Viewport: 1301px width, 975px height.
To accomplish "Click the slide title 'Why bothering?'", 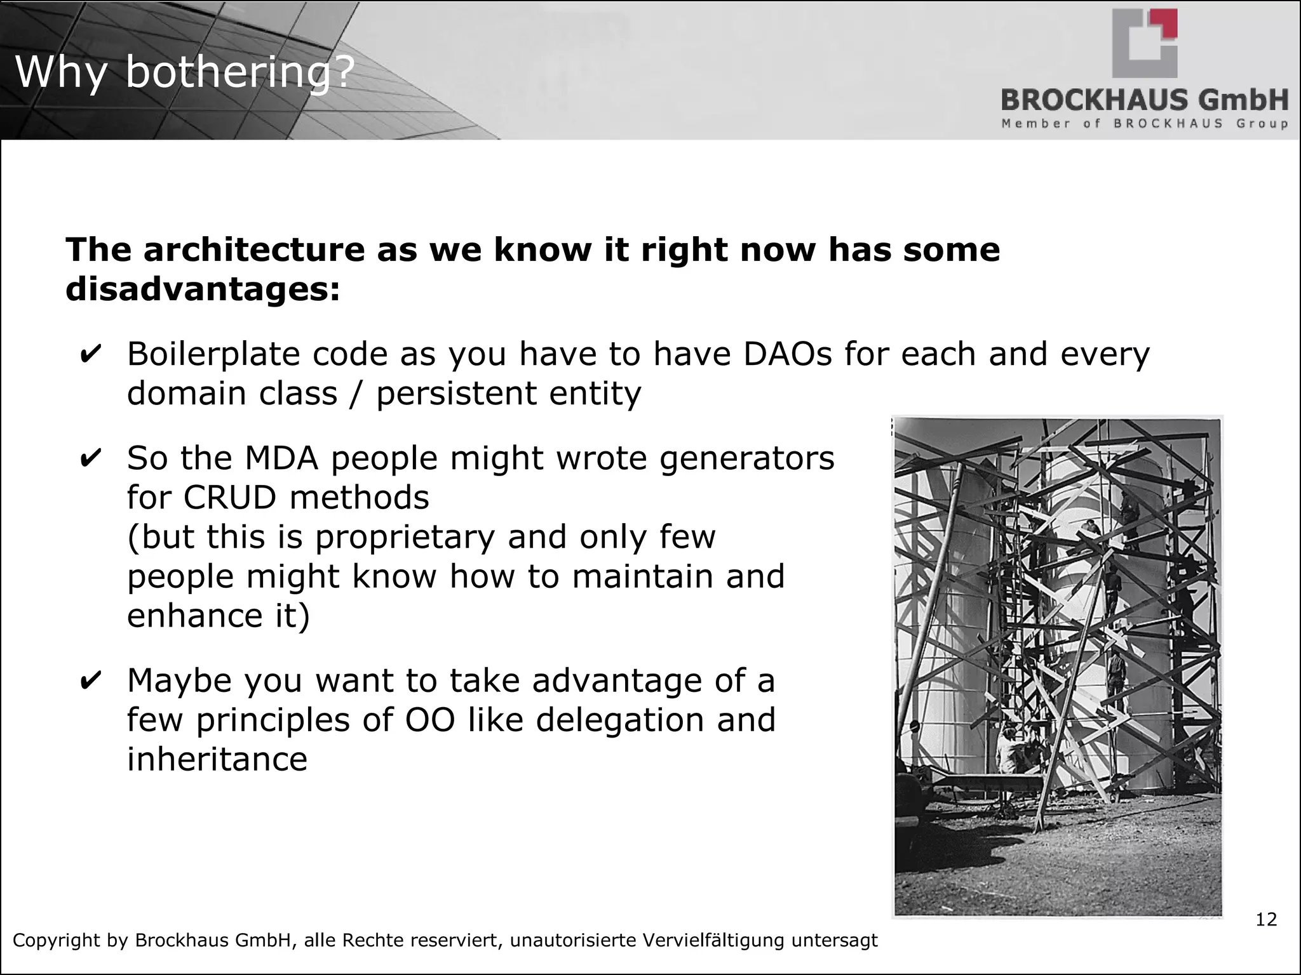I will [184, 72].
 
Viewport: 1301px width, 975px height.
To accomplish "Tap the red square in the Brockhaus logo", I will [1168, 23].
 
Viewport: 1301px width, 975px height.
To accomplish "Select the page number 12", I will [1265, 920].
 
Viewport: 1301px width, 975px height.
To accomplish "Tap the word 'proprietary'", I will [405, 537].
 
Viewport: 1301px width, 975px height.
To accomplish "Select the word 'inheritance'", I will [217, 759].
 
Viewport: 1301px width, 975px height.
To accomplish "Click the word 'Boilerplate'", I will [213, 354].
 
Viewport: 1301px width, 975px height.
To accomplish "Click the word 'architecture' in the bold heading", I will [254, 249].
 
